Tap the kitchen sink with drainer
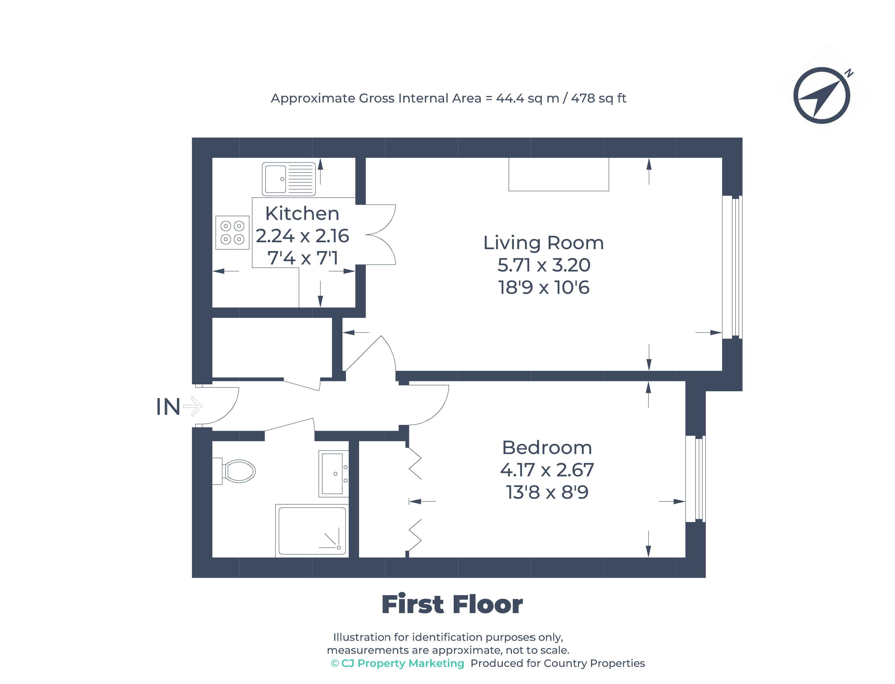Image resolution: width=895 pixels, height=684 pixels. coord(288,179)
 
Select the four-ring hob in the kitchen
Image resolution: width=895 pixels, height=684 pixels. coord(232,233)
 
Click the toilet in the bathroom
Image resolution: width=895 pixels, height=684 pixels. coord(237,471)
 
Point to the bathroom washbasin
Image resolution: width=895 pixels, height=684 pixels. coord(333,473)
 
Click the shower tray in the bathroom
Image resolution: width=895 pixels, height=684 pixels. coord(312,531)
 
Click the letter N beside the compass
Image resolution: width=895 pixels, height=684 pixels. coord(849,73)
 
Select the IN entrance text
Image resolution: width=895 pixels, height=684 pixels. coord(168,407)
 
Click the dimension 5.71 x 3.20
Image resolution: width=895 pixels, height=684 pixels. coord(544,265)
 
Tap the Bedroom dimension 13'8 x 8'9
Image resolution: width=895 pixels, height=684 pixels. coord(547,492)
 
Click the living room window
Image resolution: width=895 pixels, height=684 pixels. coord(732,267)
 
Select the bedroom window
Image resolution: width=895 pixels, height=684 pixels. coord(695,479)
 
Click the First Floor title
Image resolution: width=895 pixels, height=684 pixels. coord(452,604)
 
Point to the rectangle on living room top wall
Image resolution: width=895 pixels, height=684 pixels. coord(558,174)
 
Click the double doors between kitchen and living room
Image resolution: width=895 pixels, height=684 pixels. coord(380,235)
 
